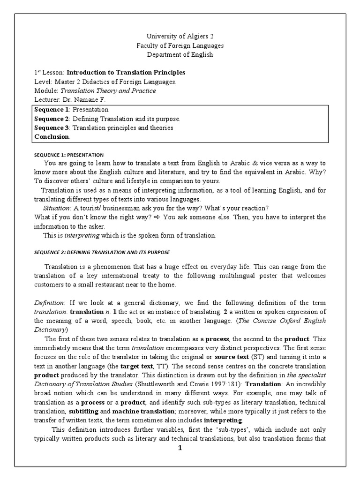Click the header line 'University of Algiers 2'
click(x=180, y=37)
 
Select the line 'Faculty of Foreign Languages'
click(x=180, y=45)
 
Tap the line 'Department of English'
click(x=180, y=54)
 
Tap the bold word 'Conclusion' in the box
click(x=52, y=136)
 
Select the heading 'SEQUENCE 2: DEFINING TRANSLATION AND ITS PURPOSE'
click(x=102, y=253)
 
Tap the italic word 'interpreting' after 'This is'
click(x=74, y=235)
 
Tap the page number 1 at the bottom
click(x=180, y=448)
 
